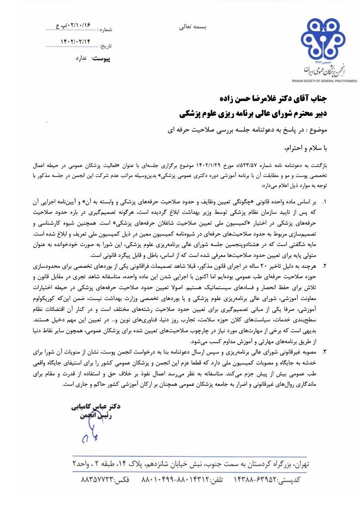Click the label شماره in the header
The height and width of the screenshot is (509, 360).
pyautogui.click(x=106, y=30)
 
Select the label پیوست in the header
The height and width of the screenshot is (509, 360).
pyautogui.click(x=102, y=58)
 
